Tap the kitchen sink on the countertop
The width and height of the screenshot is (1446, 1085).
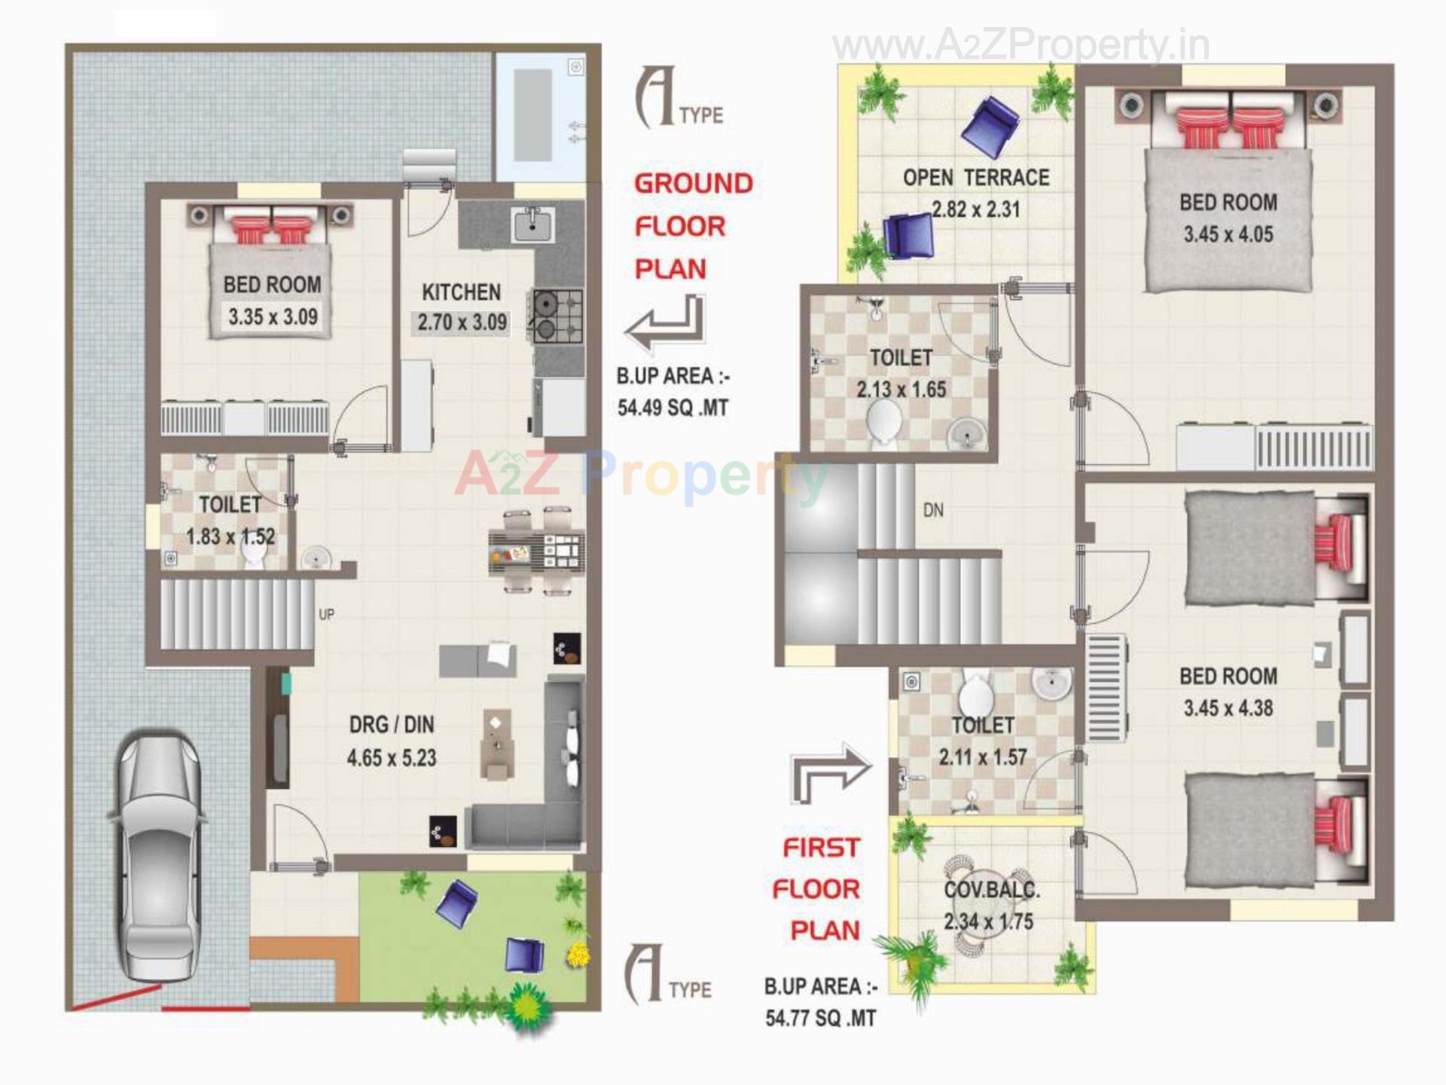532,225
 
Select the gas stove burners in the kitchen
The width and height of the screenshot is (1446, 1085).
558,316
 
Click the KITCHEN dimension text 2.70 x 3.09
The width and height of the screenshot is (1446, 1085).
462,322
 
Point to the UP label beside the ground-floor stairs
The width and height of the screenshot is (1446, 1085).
326,615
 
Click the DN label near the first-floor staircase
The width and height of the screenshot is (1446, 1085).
933,510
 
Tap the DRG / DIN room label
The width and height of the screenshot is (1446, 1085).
392,725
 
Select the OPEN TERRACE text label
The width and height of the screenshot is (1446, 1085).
976,178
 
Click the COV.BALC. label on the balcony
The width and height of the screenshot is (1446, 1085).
992,890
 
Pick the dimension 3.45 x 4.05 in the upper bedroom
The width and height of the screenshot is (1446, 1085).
1228,234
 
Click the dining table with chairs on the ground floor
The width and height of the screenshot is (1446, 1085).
535,552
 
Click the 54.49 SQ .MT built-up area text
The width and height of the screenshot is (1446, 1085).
673,408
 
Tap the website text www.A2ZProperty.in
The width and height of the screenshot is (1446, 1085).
1020,47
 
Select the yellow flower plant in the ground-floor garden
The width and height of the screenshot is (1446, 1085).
577,955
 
